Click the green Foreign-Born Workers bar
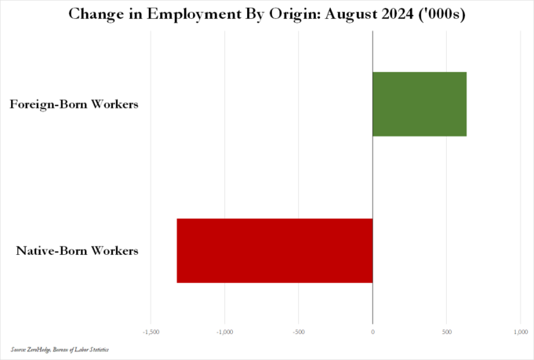[x=420, y=104]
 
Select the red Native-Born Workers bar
[x=274, y=250]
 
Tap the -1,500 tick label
[x=151, y=332]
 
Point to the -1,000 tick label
[x=224, y=332]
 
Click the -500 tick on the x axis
[x=298, y=332]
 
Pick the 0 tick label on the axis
[x=372, y=332]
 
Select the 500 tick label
[x=446, y=332]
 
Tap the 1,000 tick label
[x=520, y=332]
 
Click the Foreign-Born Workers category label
[x=74, y=104]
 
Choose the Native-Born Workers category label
[x=78, y=251]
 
